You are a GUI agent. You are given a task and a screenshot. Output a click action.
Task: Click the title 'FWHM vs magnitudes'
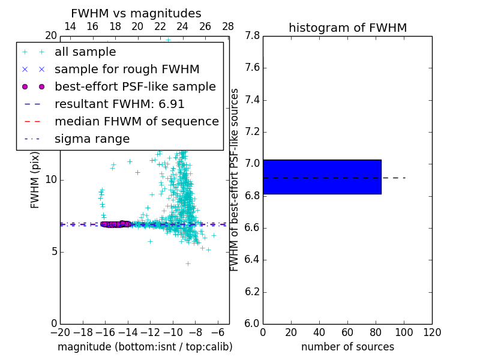click(136, 13)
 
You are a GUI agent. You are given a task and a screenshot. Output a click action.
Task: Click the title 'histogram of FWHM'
click(347, 28)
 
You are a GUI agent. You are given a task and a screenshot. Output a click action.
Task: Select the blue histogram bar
click(322, 177)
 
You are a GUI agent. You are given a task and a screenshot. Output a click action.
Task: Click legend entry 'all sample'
click(85, 52)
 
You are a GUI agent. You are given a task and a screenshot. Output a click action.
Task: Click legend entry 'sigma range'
click(92, 139)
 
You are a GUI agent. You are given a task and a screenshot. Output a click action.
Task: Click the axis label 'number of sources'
click(347, 347)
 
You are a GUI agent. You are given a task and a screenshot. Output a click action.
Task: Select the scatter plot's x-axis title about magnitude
click(145, 347)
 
